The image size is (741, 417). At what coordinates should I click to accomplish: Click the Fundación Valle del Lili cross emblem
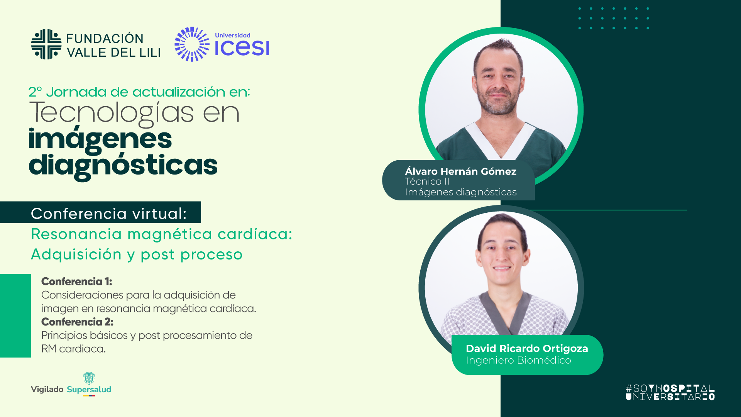pyautogui.click(x=46, y=44)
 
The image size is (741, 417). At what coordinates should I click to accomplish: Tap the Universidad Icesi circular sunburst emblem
pyautogui.click(x=192, y=44)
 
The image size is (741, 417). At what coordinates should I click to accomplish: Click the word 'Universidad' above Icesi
pyautogui.click(x=232, y=36)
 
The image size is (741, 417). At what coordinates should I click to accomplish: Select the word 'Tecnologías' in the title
pyautogui.click(x=112, y=113)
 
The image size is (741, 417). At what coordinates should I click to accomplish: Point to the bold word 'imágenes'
pyautogui.click(x=100, y=139)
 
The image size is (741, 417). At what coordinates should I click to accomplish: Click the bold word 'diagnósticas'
pyautogui.click(x=123, y=165)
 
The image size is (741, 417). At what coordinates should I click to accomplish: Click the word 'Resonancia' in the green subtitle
pyautogui.click(x=76, y=234)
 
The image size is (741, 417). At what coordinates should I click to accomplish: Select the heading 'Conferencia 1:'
pyautogui.click(x=76, y=281)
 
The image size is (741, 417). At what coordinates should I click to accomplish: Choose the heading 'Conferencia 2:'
pyautogui.click(x=77, y=322)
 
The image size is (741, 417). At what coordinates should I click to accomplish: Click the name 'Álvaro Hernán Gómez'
pyautogui.click(x=460, y=171)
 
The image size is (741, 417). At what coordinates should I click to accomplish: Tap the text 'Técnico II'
pyautogui.click(x=427, y=181)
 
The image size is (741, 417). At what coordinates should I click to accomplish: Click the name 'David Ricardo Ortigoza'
pyautogui.click(x=527, y=348)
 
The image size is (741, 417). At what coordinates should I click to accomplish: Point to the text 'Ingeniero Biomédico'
pyautogui.click(x=518, y=360)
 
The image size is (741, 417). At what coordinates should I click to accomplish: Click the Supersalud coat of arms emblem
pyautogui.click(x=89, y=378)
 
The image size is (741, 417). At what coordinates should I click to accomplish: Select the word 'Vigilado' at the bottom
pyautogui.click(x=47, y=389)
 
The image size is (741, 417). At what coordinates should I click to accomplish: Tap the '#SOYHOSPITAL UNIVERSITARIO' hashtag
pyautogui.click(x=670, y=392)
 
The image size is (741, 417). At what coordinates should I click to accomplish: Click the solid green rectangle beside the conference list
pyautogui.click(x=15, y=315)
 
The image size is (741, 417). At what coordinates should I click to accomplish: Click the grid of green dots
pyautogui.click(x=614, y=18)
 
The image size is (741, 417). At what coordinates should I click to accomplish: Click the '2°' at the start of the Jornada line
pyautogui.click(x=35, y=92)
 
